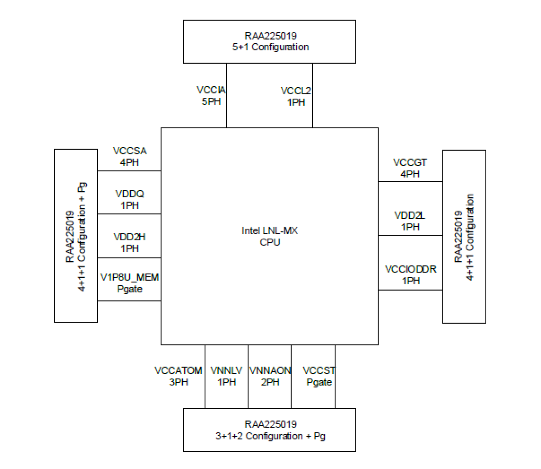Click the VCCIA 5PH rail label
click(211, 96)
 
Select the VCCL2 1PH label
click(296, 96)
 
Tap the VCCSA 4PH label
click(130, 156)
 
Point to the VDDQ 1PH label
click(130, 199)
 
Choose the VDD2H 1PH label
click(130, 242)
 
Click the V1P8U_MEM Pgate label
click(130, 283)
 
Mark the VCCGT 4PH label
click(410, 168)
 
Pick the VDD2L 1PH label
click(410, 221)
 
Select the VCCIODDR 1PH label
click(411, 275)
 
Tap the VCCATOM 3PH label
click(178, 376)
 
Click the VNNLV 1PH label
click(227, 376)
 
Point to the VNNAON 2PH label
click(270, 376)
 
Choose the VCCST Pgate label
click(319, 376)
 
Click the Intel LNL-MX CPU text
click(270, 236)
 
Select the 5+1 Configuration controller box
click(270, 42)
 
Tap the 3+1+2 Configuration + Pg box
click(270, 430)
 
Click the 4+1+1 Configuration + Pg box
click(76, 236)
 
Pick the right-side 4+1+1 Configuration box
click(464, 236)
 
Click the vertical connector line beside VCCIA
click(227, 96)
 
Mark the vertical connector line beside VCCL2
click(313, 96)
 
